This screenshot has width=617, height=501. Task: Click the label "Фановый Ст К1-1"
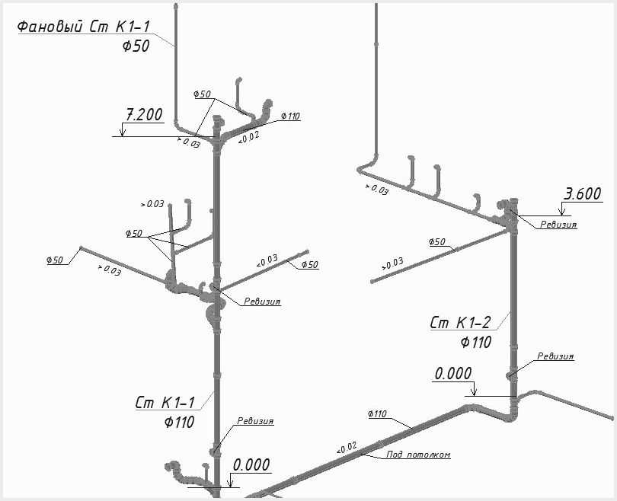click(x=84, y=27)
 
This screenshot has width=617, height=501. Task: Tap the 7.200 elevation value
click(x=144, y=115)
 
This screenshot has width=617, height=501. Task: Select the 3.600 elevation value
click(x=583, y=194)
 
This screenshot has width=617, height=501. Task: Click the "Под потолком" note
click(x=418, y=455)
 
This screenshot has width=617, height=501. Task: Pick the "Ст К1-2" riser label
click(x=460, y=323)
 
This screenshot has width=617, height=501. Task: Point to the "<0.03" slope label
click(x=267, y=260)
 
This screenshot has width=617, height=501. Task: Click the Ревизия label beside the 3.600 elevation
click(x=558, y=225)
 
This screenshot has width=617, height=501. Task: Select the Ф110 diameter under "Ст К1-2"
click(x=476, y=343)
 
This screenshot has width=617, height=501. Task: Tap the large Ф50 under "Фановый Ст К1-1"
click(x=136, y=46)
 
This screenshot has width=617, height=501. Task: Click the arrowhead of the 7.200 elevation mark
click(x=123, y=134)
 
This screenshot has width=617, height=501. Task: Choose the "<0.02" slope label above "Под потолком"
click(x=347, y=448)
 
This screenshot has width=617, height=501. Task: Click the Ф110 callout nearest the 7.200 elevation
click(x=290, y=116)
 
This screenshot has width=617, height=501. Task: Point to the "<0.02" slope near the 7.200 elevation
click(x=248, y=137)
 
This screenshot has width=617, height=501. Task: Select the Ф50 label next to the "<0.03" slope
click(x=310, y=265)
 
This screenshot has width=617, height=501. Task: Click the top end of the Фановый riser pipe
click(x=175, y=5)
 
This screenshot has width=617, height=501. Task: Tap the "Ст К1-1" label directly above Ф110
click(x=165, y=403)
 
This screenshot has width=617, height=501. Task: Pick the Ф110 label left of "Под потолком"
click(x=377, y=413)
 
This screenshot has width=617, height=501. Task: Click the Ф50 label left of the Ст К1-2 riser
click(x=436, y=242)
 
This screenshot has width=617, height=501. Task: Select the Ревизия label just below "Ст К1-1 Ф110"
click(x=255, y=421)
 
